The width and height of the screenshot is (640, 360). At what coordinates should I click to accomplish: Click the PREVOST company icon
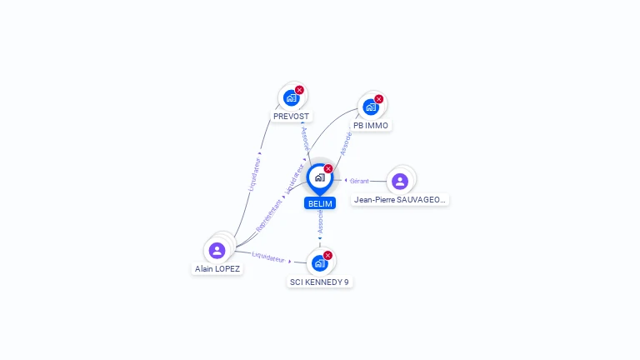[x=291, y=97]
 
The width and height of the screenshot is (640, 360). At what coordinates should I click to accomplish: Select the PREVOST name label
[x=291, y=117]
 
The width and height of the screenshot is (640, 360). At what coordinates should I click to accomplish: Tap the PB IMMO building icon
[x=371, y=107]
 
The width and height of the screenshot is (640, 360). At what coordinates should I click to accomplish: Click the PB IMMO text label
[x=371, y=126]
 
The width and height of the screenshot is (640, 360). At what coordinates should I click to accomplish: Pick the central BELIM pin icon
[x=319, y=177]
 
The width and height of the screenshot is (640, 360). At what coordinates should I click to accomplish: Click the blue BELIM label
[x=320, y=203]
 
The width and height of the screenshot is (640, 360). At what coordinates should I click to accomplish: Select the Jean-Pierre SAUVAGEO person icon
[x=400, y=181]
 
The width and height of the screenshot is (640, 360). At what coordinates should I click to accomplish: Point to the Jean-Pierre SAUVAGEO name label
[x=400, y=200]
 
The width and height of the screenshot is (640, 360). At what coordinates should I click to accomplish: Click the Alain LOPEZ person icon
[x=217, y=250]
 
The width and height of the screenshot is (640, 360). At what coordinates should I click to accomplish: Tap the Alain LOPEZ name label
[x=217, y=269]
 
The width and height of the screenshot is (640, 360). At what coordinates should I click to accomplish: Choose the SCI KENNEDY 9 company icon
[x=319, y=263]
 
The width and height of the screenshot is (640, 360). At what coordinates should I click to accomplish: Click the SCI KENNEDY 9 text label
[x=319, y=282]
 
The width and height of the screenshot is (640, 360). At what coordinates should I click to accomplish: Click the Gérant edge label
[x=359, y=181]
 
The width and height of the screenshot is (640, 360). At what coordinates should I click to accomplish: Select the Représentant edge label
[x=269, y=215]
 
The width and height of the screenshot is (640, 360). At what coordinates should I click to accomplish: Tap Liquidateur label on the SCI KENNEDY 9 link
[x=268, y=257]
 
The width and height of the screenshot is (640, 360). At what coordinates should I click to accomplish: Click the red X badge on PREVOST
[x=299, y=90]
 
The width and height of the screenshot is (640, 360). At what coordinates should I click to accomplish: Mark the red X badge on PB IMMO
[x=379, y=99]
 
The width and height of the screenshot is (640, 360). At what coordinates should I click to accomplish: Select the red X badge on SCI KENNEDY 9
[x=327, y=255]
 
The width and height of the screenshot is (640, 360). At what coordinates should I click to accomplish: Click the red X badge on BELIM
[x=328, y=169]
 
